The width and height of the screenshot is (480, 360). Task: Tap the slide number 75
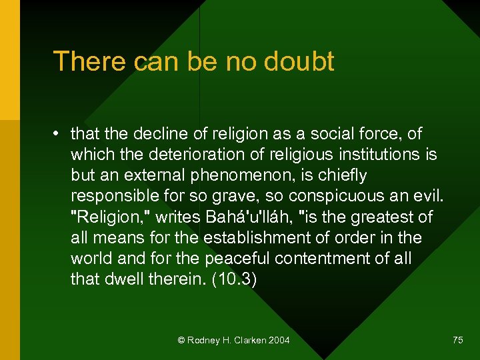point(457,340)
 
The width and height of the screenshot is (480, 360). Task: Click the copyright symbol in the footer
point(181,340)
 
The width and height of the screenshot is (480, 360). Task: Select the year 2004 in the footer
point(279,340)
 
